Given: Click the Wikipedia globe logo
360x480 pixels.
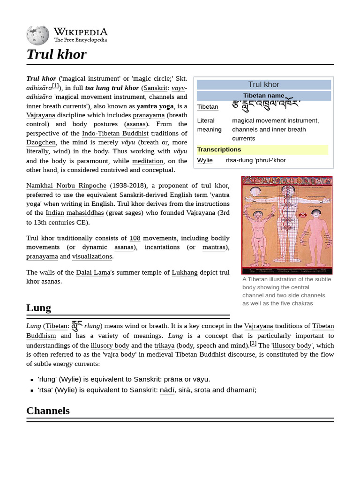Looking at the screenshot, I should click(37, 35).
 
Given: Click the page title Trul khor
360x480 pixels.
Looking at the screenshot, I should click(56, 54).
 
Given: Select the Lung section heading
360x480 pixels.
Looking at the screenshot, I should click(38, 308).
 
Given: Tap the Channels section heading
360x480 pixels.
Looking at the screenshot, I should click(48, 411).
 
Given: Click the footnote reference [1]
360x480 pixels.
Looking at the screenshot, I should click(56, 86).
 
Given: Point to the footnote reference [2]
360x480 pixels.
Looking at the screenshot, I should click(253, 343).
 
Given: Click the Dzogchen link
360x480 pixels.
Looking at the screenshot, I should click(41, 142).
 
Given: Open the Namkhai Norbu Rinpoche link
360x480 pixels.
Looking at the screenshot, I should click(66, 186).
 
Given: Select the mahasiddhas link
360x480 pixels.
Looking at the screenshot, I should click(85, 213).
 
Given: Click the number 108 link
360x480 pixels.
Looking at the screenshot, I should click(135, 238).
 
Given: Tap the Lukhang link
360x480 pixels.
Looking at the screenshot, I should click(185, 272).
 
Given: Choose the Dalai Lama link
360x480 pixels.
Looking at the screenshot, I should click(93, 272).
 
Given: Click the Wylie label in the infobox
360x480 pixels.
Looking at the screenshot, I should click(205, 160).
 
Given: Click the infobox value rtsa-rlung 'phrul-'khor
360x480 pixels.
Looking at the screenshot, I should click(255, 160).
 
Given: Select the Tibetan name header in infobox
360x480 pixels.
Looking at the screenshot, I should click(263, 96).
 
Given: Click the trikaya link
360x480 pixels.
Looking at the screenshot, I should click(164, 345).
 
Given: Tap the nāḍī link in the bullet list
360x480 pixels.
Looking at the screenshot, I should click(167, 390).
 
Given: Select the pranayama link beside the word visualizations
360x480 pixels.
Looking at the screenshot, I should click(42, 256).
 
